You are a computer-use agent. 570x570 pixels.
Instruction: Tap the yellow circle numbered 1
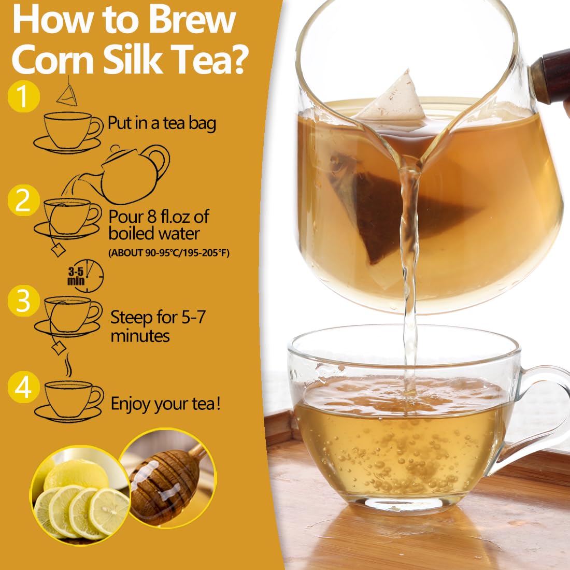[x=24, y=96]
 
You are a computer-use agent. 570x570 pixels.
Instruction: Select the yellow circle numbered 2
[x=24, y=200]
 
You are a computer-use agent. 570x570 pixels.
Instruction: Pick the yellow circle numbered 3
[x=24, y=300]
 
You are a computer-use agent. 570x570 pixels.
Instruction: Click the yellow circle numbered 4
[x=24, y=387]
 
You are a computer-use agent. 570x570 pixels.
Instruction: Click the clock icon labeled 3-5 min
[x=87, y=276]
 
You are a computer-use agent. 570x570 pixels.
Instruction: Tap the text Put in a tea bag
[x=162, y=123]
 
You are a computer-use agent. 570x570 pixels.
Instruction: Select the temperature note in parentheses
[x=169, y=253]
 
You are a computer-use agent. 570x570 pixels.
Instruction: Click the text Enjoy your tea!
[x=165, y=404]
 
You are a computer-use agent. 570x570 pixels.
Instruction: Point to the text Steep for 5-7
[x=158, y=317]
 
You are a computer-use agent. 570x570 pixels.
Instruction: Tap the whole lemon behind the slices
[x=76, y=474]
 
